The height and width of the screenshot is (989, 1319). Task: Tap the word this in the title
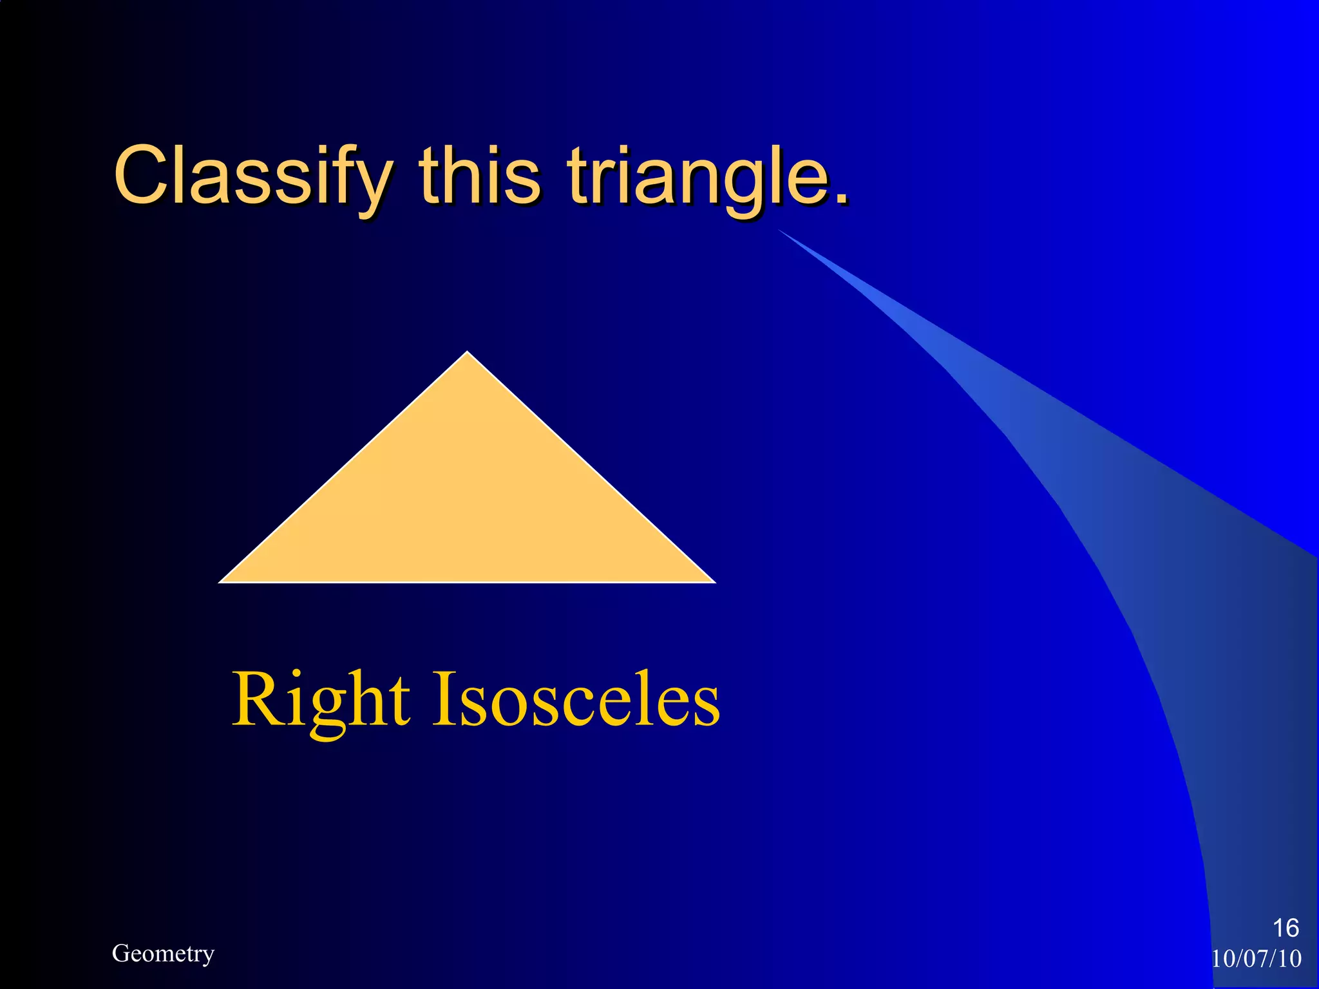pyautogui.click(x=480, y=175)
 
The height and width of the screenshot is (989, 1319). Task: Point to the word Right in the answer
pyautogui.click(x=320, y=701)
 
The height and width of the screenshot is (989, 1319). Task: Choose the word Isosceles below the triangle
pyautogui.click(x=576, y=701)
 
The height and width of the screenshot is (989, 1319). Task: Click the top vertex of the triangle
pyautogui.click(x=468, y=353)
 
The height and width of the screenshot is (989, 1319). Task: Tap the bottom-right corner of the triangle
pyautogui.click(x=713, y=581)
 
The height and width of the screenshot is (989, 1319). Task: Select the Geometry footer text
pyautogui.click(x=163, y=954)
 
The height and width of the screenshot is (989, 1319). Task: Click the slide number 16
pyautogui.click(x=1286, y=928)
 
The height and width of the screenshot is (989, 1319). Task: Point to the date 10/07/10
pyautogui.click(x=1257, y=959)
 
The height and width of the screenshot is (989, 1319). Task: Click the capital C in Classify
pyautogui.click(x=142, y=175)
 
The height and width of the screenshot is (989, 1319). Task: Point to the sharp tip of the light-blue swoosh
pyautogui.click(x=779, y=230)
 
